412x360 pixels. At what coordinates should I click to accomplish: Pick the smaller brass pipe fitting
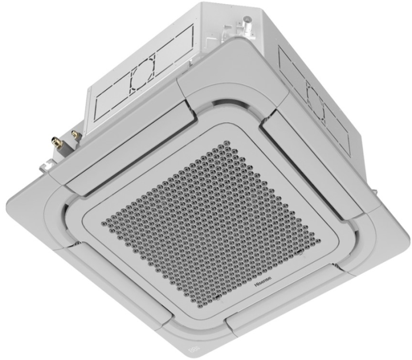coord(75,135)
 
